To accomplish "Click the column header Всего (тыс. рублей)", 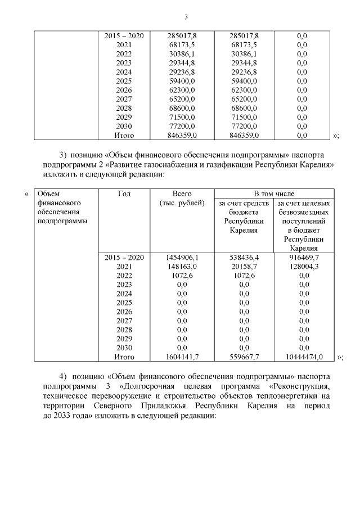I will [182, 198].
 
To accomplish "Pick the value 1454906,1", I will [182, 257].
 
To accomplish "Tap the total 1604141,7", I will [182, 357].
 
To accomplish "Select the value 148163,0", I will [182, 266].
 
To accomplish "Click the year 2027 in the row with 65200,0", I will [124, 99].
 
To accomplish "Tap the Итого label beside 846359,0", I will [124, 135].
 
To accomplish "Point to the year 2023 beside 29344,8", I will [124, 62].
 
